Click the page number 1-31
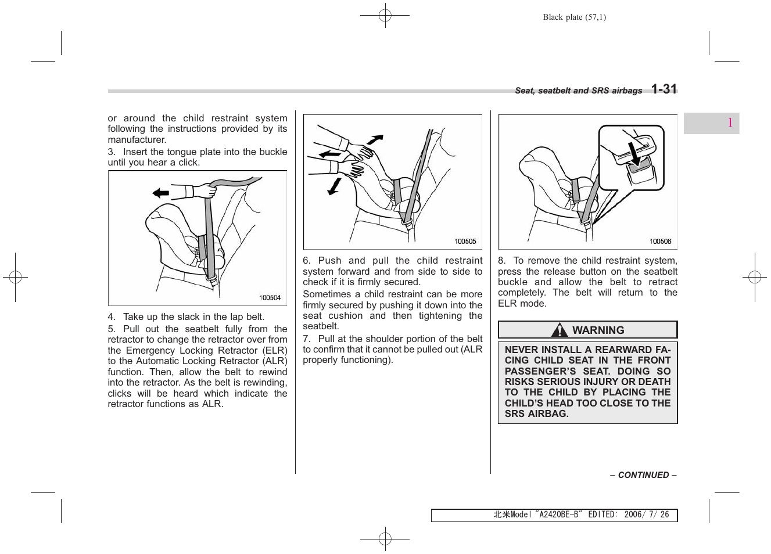[664, 89]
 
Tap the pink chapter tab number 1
[730, 123]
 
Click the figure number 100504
[270, 298]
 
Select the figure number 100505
[465, 242]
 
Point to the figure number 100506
[660, 242]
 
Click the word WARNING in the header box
[598, 330]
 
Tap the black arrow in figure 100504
[160, 193]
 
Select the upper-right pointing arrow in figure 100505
[375, 139]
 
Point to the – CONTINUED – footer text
[643, 475]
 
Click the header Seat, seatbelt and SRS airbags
[578, 91]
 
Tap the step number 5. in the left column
[111, 329]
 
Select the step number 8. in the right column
[501, 261]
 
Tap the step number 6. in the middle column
[306, 261]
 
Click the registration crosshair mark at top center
[385, 16]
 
